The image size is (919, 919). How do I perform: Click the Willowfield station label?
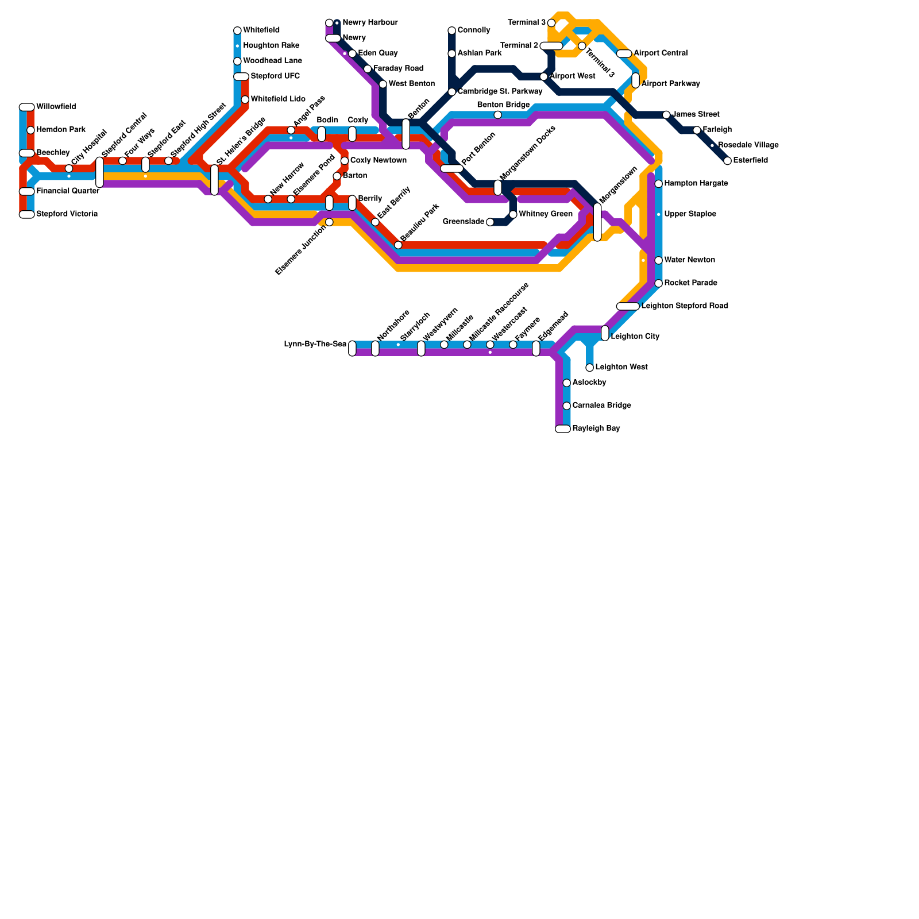coord(56,107)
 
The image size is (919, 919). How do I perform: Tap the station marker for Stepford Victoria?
coord(26,214)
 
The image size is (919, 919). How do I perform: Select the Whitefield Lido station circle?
coord(245,99)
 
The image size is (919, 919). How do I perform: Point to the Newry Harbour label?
coord(370,22)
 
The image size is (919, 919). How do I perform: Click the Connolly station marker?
coord(452,30)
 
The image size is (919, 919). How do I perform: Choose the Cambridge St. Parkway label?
coord(500,91)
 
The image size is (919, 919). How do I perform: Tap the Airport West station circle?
coord(544,76)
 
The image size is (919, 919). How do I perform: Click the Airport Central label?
coord(661,53)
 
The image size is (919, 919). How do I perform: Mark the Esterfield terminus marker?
coord(728,161)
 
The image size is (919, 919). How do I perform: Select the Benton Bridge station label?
coord(503,105)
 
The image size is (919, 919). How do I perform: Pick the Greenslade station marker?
coord(490,222)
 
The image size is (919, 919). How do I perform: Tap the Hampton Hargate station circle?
coord(659,184)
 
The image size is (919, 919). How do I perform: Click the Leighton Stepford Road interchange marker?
coord(628,306)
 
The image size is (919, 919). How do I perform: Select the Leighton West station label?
coord(621,367)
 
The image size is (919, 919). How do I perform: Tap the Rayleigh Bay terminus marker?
coord(563,428)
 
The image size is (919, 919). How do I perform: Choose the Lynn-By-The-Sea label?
coord(315,345)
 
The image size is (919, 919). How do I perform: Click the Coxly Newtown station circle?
coord(345,161)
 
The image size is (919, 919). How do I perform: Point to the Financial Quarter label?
coord(68,191)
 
